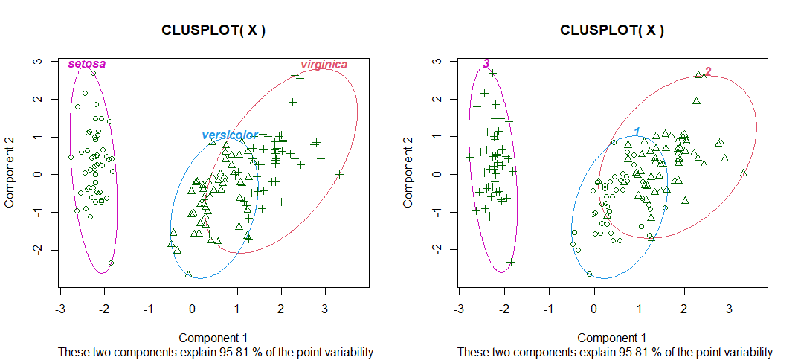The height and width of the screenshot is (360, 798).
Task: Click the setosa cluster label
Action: point(87,64)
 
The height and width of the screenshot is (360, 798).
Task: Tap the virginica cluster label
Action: point(324,65)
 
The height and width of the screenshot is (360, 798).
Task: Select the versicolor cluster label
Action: point(229,135)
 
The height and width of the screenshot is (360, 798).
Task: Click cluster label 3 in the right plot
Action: point(486,64)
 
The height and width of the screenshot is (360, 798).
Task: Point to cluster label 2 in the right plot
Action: point(708,71)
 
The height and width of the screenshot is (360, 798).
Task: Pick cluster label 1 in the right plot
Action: point(637,132)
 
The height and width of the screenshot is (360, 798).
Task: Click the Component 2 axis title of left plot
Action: point(11,174)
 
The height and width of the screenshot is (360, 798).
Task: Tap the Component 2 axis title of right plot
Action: point(410,174)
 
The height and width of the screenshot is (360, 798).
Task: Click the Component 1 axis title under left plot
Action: point(213,338)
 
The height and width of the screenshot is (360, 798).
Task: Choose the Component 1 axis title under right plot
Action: point(612,338)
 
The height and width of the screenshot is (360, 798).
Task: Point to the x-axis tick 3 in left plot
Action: point(325,306)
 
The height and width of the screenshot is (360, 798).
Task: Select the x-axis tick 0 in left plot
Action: point(193,306)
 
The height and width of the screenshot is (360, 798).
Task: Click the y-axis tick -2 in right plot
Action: point(438,249)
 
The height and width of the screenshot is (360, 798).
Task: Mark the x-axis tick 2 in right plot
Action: point(683,306)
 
